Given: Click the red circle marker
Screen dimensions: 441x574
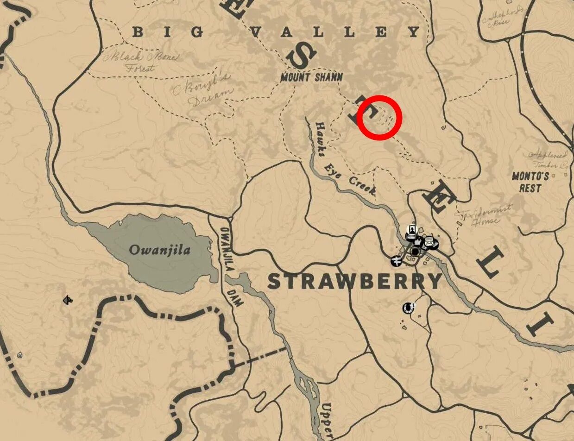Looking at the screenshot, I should click(379, 118).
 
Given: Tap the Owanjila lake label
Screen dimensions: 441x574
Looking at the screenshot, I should click(160, 251).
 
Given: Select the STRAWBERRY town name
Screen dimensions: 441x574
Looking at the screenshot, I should click(355, 281).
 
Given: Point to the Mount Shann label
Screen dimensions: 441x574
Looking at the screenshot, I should click(311, 77).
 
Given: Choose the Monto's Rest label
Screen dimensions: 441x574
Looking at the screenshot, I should click(530, 182).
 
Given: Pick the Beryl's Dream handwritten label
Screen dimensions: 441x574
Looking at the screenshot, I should click(202, 91).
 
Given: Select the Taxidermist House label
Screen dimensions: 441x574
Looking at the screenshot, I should click(483, 214).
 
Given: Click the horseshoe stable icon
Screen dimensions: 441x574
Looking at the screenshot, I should click(408, 307).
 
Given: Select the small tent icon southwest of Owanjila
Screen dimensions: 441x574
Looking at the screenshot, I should click(68, 301).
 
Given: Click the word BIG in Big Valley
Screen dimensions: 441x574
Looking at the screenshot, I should click(168, 32).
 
